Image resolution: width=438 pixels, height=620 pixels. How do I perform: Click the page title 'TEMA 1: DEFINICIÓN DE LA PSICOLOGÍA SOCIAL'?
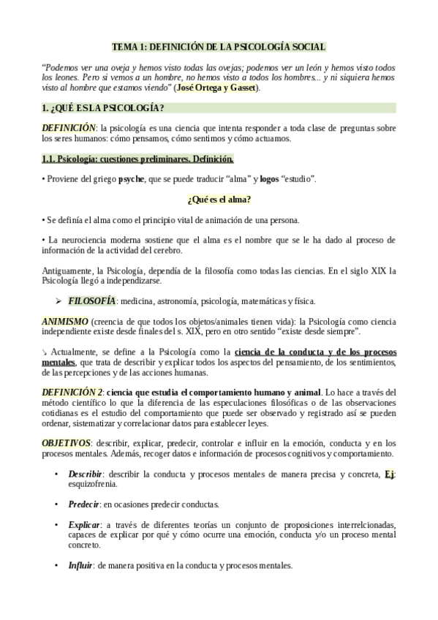[219, 46]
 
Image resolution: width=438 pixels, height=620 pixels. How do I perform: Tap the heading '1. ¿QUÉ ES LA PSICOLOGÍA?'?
[103, 108]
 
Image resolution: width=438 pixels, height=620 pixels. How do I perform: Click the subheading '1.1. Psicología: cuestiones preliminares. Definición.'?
[137, 159]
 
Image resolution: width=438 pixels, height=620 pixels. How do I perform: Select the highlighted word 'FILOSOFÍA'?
[92, 300]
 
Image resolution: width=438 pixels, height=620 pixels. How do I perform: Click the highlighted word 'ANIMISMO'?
[65, 321]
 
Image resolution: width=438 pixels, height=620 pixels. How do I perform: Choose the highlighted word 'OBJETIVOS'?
[67, 443]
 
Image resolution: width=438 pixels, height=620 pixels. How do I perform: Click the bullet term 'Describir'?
[86, 473]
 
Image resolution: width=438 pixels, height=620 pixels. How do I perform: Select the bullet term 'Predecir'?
[84, 504]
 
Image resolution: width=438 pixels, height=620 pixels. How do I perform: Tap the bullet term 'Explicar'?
[84, 524]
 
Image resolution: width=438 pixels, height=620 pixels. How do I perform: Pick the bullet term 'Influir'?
[80, 565]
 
